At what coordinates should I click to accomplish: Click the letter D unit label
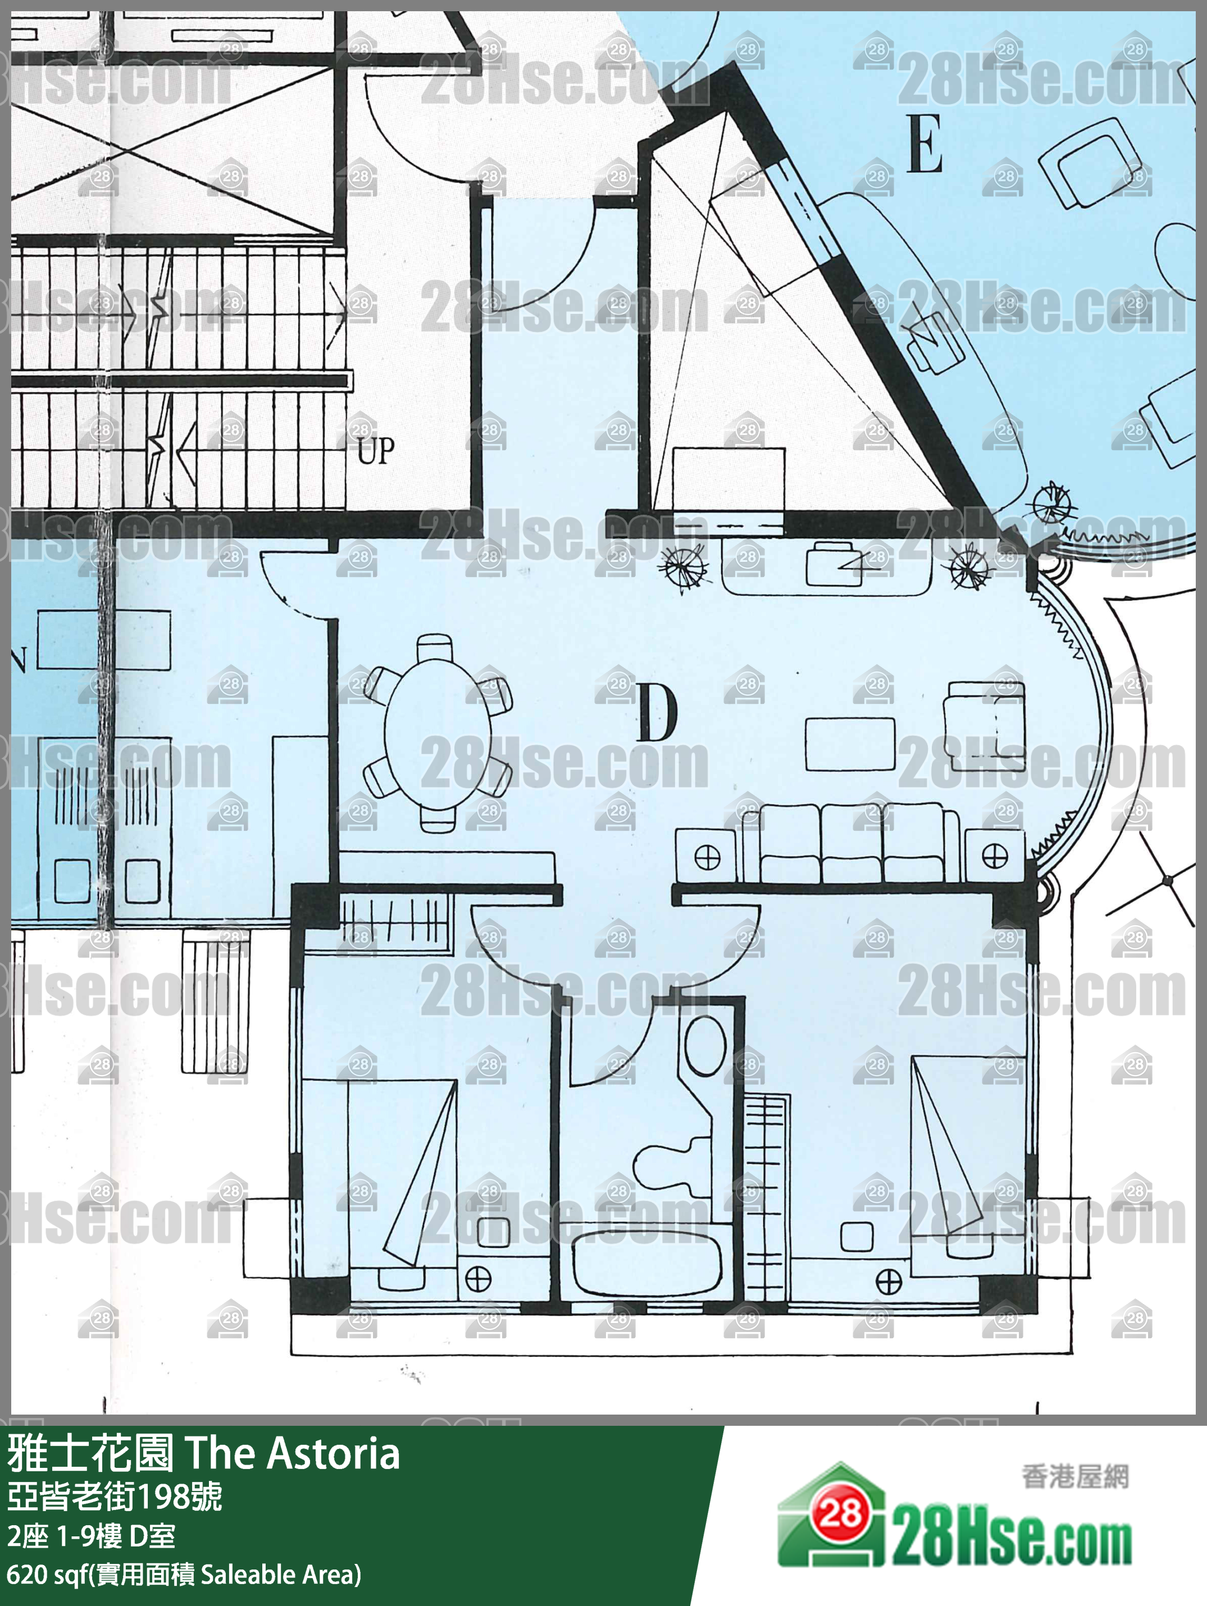pos(657,713)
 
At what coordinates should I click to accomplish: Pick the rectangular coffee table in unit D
pos(850,743)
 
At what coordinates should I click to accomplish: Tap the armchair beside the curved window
pos(984,725)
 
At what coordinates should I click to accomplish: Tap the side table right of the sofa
pos(995,857)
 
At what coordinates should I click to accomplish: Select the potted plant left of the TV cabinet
pos(682,564)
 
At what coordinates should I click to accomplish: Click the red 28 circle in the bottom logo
pos(842,1515)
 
